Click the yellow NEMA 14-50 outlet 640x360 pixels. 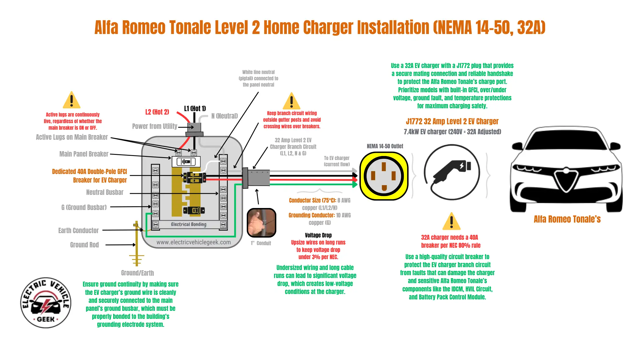click(x=384, y=176)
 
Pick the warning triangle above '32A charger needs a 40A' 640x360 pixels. click(x=451, y=221)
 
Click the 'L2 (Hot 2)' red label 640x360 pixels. click(x=157, y=112)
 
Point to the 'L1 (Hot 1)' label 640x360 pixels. click(x=195, y=109)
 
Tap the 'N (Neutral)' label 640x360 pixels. click(x=225, y=116)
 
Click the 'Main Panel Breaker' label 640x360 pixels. click(x=84, y=154)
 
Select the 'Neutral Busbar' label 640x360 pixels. click(x=105, y=192)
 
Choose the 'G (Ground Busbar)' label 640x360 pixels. click(x=84, y=207)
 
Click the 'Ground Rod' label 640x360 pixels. click(x=84, y=245)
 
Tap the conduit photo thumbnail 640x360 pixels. click(x=261, y=223)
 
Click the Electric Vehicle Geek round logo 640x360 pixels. click(x=46, y=303)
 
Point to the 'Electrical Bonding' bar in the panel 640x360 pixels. click(x=189, y=225)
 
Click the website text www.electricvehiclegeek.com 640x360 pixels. click(x=193, y=242)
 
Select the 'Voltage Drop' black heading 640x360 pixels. click(x=318, y=235)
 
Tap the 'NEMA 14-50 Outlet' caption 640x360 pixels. click(x=385, y=146)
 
